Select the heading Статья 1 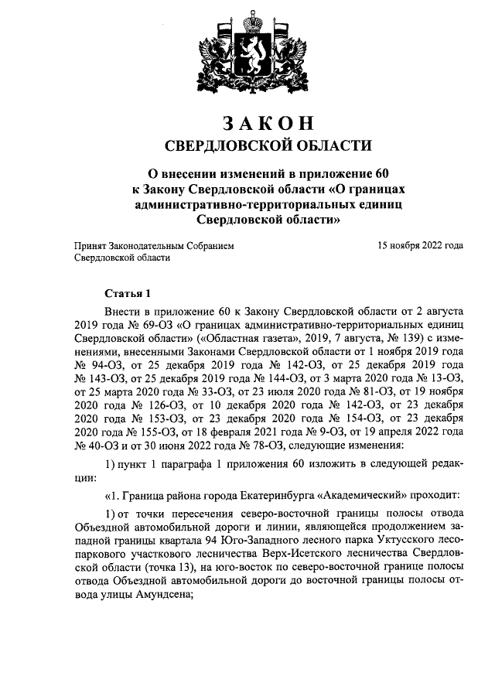124,293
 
